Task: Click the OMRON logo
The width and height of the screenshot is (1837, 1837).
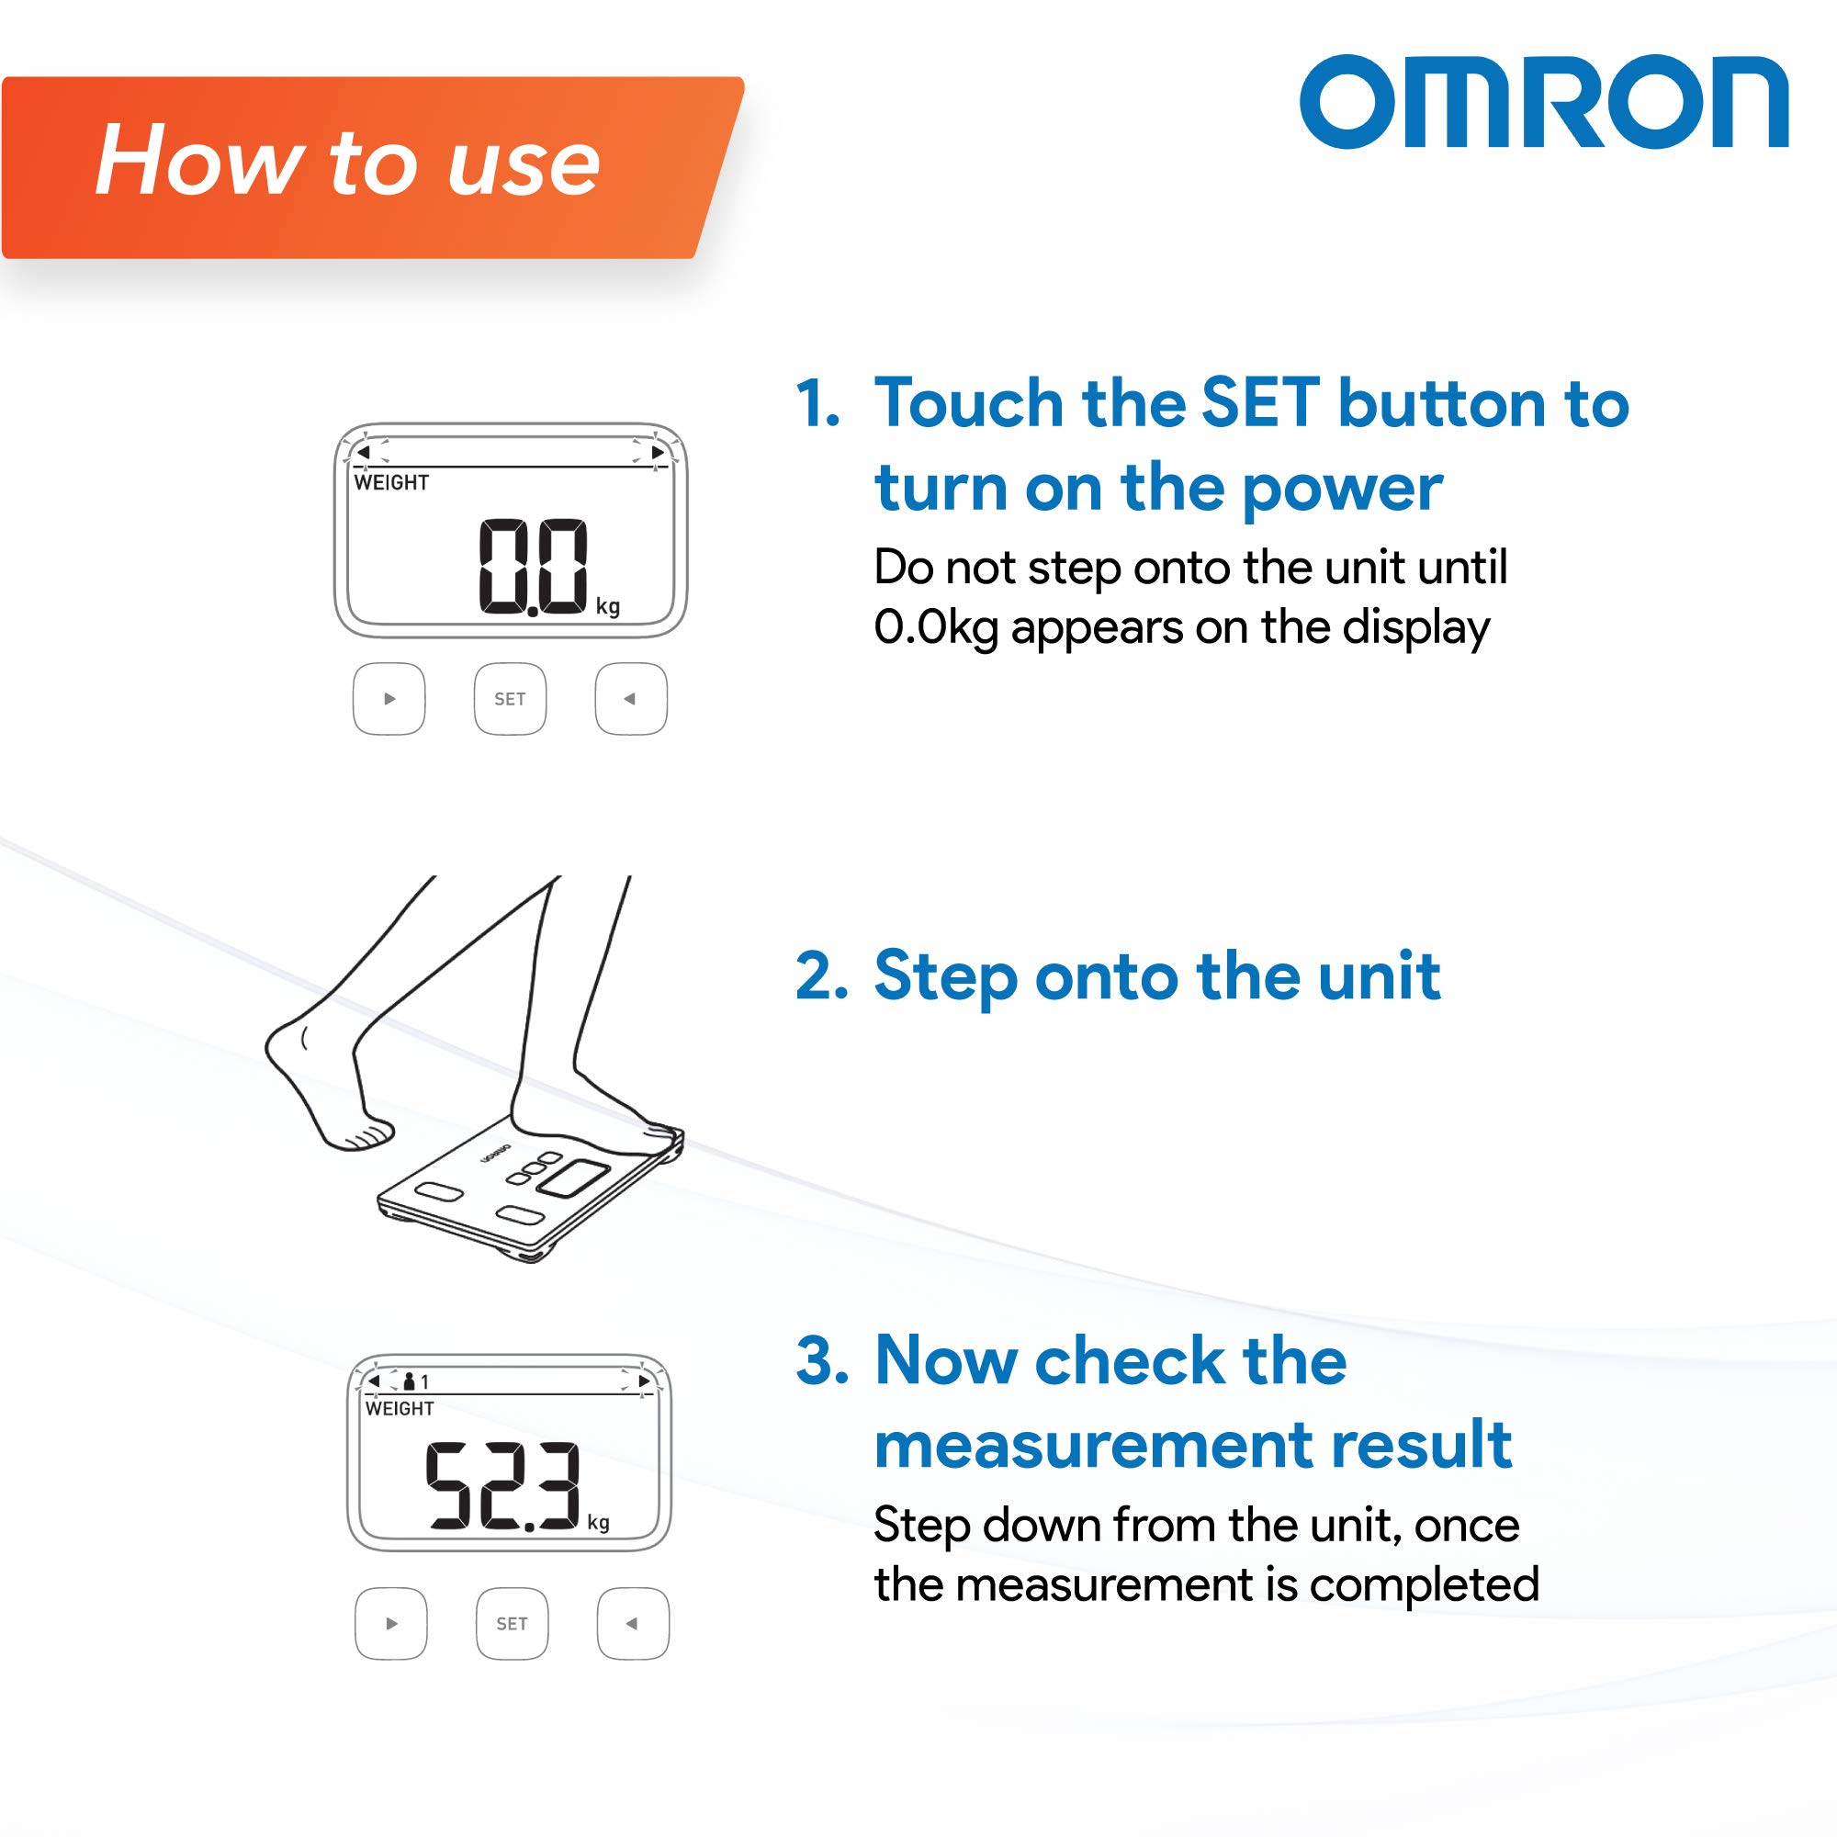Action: [1544, 103]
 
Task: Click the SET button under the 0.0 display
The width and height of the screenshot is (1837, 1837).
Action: [510, 699]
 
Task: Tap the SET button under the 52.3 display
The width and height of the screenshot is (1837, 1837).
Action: [512, 1624]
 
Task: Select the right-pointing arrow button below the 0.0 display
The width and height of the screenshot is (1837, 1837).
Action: [389, 699]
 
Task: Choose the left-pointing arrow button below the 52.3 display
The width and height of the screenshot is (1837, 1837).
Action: [632, 1624]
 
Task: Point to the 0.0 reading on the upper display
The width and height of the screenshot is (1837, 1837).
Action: [533, 567]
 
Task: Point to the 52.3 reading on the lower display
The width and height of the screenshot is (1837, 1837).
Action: [502, 1485]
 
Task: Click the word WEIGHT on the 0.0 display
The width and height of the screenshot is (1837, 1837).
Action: [390, 483]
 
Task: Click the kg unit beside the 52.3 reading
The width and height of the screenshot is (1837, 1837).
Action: [598, 1522]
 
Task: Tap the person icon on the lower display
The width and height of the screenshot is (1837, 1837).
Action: [410, 1381]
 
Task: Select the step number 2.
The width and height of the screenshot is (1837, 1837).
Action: [819, 976]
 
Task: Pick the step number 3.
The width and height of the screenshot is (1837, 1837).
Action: [819, 1359]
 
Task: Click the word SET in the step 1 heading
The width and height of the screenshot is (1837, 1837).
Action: [1260, 404]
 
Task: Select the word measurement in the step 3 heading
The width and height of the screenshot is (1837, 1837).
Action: [1090, 1445]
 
